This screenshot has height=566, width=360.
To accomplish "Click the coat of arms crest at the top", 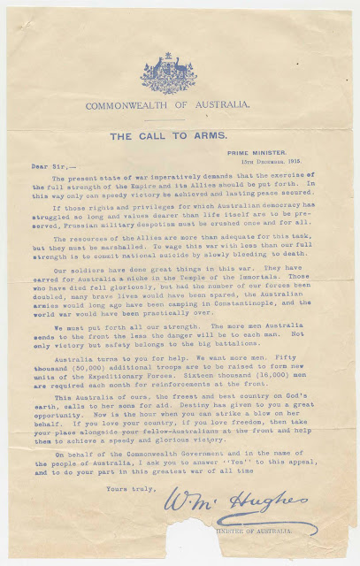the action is point(168,73).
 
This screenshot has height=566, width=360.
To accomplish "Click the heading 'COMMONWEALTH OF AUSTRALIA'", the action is point(168,104).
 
